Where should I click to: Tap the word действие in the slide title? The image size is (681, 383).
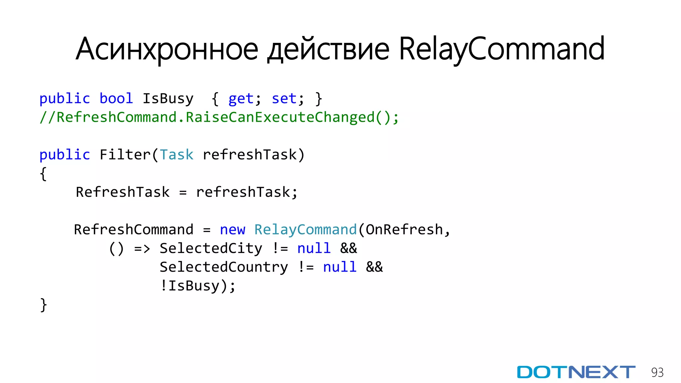[328, 49]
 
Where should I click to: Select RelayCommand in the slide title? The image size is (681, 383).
[501, 49]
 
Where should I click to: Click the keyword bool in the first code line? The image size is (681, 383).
[116, 98]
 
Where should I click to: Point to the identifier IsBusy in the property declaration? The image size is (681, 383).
[168, 99]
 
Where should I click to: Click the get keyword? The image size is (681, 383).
[241, 99]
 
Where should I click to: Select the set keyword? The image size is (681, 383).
[284, 99]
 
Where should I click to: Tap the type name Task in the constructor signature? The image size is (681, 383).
[176, 155]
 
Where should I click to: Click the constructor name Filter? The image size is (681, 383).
[125, 155]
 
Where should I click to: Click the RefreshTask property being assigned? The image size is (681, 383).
[123, 192]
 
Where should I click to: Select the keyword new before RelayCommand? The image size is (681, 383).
[232, 230]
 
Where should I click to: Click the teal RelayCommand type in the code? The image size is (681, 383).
[305, 230]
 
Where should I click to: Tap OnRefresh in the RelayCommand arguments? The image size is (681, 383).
[404, 230]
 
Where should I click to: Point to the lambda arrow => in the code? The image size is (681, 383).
[142, 249]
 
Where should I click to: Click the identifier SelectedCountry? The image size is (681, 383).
[224, 267]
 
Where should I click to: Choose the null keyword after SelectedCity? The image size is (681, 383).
[314, 249]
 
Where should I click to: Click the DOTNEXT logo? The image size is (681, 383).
[576, 372]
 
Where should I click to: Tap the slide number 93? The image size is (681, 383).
[657, 372]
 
